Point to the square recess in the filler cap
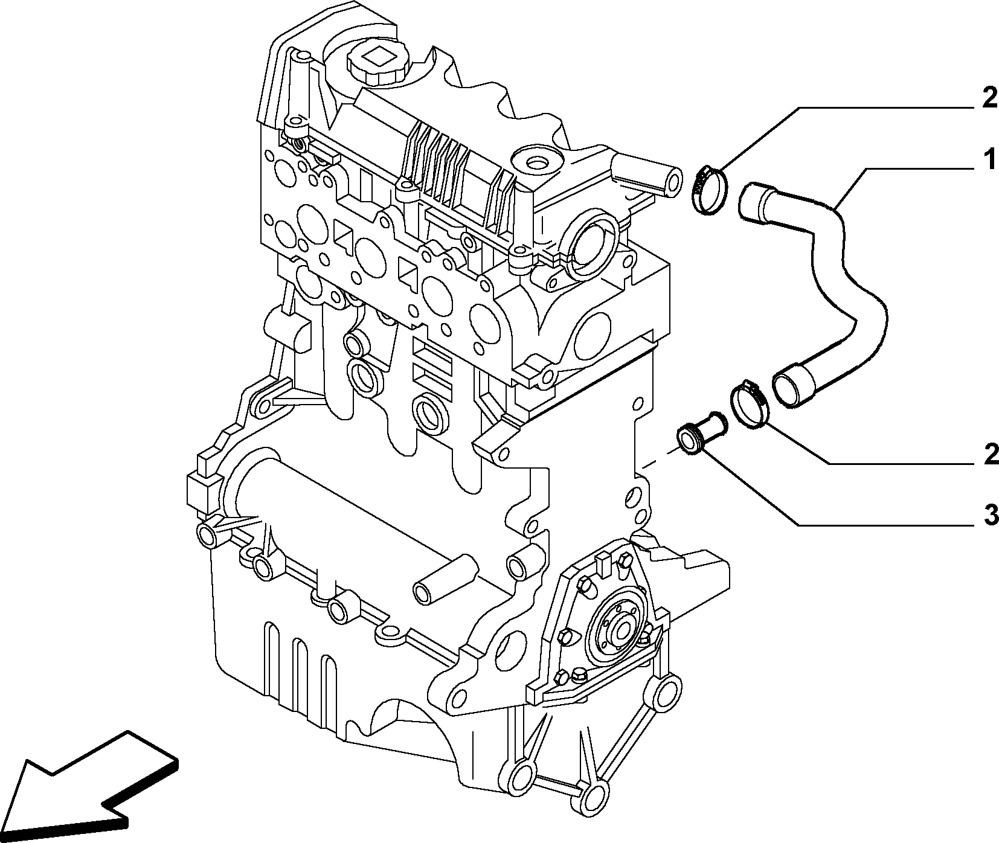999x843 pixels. (379, 58)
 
